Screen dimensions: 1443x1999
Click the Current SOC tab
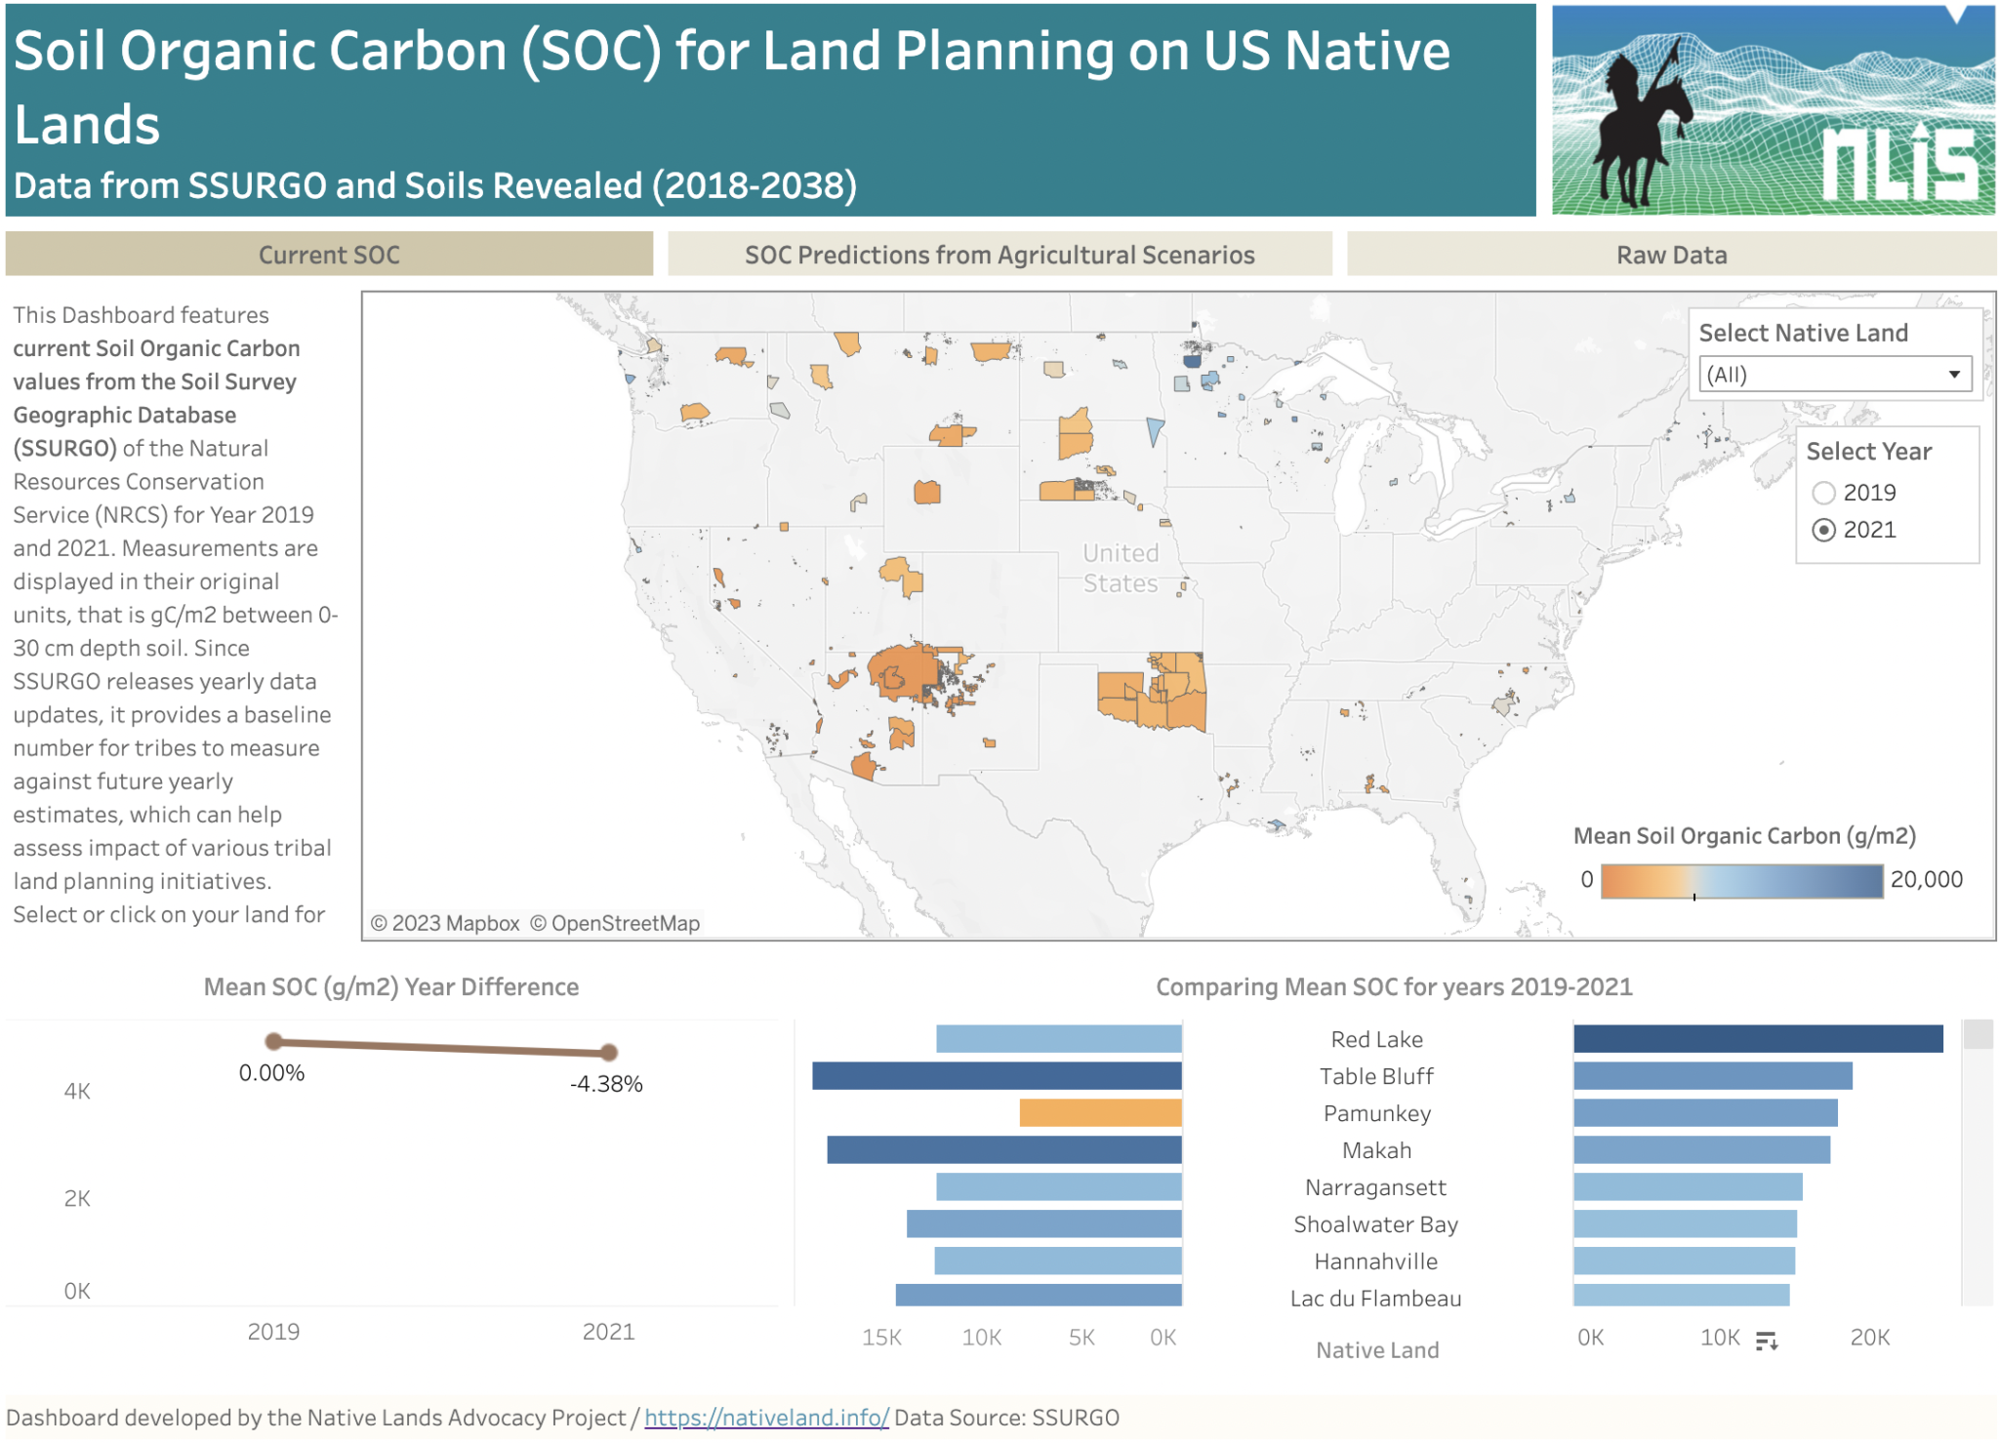[329, 255]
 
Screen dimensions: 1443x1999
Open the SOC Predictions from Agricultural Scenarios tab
[999, 255]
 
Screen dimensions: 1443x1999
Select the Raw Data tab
[1671, 255]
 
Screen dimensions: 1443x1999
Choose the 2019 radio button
[1823, 493]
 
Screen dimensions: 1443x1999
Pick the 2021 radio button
[1823, 530]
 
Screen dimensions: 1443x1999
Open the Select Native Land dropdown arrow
[1954, 375]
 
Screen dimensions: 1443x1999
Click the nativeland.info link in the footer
[766, 1418]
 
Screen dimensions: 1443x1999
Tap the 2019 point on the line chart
[274, 1041]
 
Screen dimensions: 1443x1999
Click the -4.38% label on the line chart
[606, 1084]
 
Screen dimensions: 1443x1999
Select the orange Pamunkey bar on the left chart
[1100, 1113]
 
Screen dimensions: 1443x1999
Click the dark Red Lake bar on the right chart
[1757, 1039]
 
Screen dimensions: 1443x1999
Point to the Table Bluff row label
[1376, 1076]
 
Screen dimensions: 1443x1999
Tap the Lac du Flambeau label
[1375, 1299]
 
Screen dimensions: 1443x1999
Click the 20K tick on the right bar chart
[1869, 1338]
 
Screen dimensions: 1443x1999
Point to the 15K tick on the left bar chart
[881, 1338]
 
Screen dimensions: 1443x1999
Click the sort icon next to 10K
[1767, 1342]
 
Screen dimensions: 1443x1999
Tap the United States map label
[1121, 568]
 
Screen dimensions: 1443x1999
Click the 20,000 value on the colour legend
[1926, 879]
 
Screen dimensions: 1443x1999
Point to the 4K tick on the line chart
[77, 1091]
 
